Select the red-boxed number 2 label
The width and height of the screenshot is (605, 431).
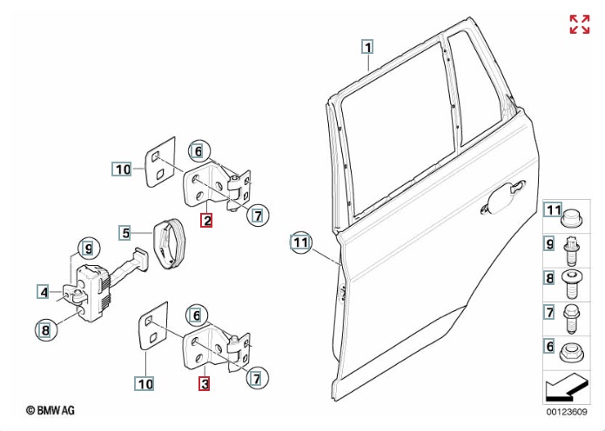[x=206, y=220]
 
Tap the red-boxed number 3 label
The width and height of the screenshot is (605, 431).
[x=205, y=382]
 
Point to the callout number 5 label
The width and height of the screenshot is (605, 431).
[x=125, y=233]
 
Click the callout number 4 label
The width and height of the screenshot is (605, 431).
[x=43, y=292]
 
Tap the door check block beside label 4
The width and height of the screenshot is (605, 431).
[x=91, y=287]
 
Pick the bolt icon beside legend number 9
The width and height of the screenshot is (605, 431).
[x=572, y=250]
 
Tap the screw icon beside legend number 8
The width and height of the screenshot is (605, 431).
[x=572, y=282]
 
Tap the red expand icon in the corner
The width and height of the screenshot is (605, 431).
[x=579, y=24]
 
